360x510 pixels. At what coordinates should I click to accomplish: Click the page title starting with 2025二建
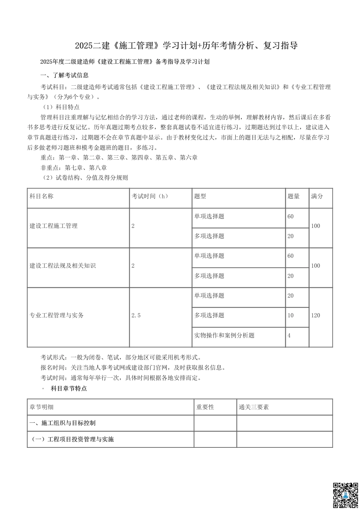[x=186, y=46]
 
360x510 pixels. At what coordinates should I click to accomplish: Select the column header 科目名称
[x=41, y=196]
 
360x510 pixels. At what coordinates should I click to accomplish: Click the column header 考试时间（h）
[x=150, y=196]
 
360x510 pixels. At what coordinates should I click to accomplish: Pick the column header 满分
[x=317, y=196]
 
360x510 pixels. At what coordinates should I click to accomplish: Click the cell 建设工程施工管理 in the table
[x=53, y=226]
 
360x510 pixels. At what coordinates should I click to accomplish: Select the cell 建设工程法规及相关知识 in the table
[x=63, y=266]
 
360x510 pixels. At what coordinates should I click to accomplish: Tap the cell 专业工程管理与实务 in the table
[x=56, y=315]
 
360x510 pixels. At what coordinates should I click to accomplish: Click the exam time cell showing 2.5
[x=136, y=315]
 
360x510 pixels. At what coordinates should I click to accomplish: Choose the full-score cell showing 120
[x=315, y=315]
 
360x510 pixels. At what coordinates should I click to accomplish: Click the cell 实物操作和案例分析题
[x=224, y=336]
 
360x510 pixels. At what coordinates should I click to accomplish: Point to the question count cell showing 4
[x=289, y=336]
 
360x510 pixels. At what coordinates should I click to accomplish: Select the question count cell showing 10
[x=291, y=315]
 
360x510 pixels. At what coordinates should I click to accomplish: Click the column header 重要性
[x=205, y=407]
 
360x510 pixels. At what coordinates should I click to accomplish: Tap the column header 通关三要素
[x=254, y=407]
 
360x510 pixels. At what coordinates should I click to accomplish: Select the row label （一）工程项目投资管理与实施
[x=73, y=439]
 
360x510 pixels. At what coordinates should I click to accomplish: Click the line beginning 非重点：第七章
[x=74, y=168]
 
